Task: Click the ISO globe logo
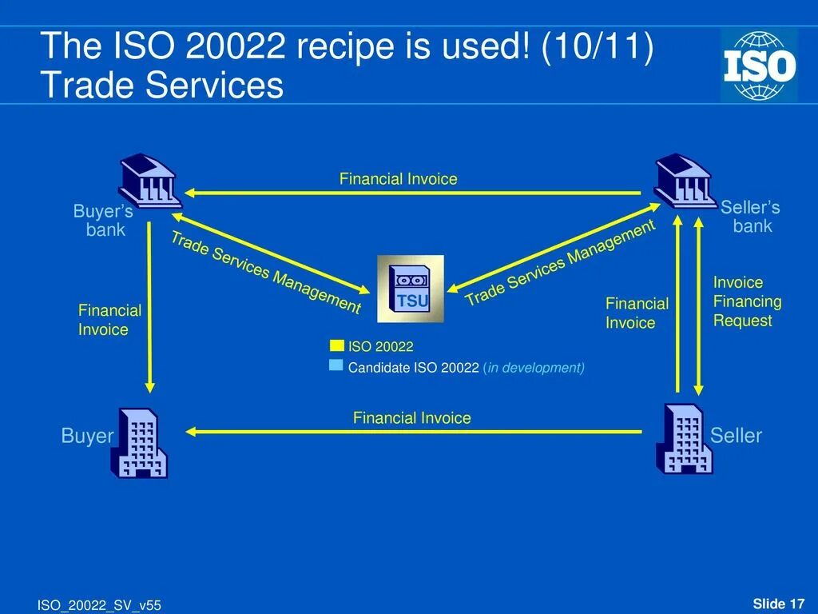click(759, 66)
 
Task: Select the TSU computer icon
click(411, 289)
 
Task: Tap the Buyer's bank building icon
click(149, 180)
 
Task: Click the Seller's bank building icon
click(684, 181)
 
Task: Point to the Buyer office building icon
click(138, 443)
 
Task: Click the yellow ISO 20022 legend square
click(337, 345)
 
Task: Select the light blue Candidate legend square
click(336, 365)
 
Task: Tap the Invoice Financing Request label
click(747, 301)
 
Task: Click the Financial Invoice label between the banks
click(398, 179)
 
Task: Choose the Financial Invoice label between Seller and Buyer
click(411, 418)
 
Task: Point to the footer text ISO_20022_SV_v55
click(99, 605)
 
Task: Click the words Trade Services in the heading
click(161, 86)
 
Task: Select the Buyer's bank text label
click(104, 221)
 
